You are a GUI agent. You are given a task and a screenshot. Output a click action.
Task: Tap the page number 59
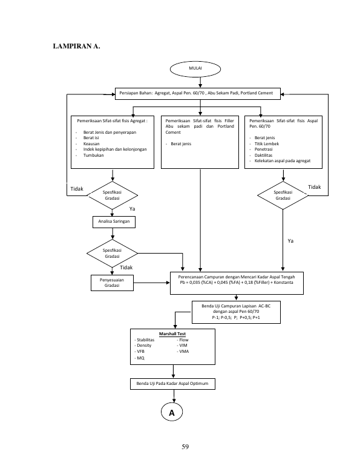point(185,447)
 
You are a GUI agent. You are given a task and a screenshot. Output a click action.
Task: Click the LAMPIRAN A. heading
point(76,46)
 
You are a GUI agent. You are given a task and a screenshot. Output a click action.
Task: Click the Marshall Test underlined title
point(172,333)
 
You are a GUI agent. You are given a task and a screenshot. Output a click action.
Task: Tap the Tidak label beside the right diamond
point(314,187)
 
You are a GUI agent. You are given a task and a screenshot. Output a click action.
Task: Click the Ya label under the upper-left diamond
point(132,209)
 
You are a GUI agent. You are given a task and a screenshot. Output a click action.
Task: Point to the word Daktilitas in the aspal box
point(263,155)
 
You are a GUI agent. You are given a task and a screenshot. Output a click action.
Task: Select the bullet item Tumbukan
point(93,155)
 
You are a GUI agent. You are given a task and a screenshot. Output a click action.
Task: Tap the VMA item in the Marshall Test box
point(184,351)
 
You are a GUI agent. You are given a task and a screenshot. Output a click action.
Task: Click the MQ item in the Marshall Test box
point(140,358)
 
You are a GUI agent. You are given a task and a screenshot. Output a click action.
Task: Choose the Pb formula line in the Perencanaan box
point(237,283)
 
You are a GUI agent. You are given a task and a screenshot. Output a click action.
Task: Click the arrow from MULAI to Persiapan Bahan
point(200,82)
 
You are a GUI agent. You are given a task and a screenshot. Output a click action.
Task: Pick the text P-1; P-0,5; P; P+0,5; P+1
point(236,317)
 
